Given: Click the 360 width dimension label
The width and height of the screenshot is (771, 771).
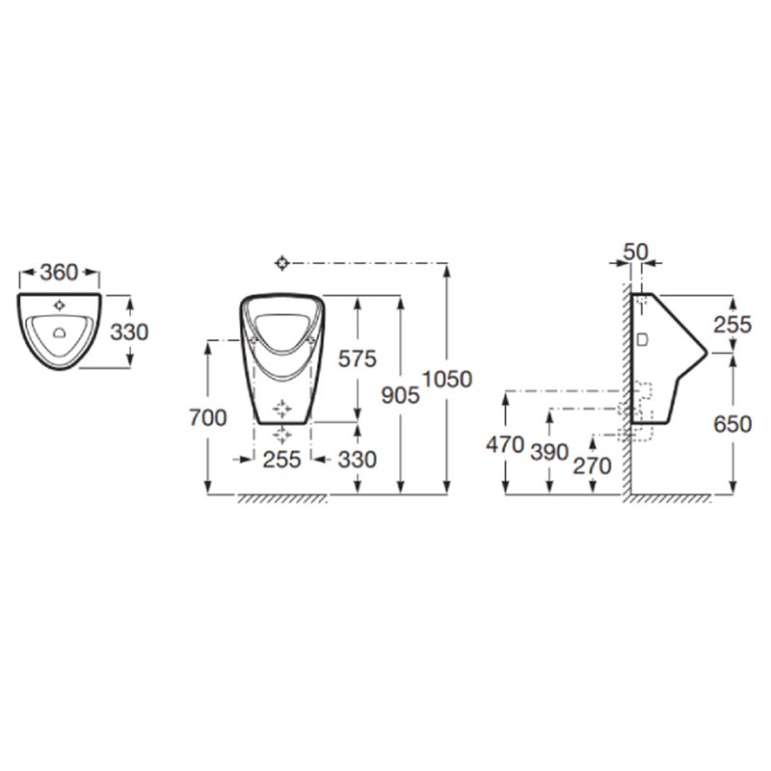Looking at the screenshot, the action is (x=59, y=273).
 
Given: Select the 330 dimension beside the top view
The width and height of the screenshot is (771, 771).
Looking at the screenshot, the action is (x=129, y=332).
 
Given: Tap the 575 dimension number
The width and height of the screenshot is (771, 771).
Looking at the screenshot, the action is (x=358, y=359).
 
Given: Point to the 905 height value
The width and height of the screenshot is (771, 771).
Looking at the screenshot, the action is (x=401, y=395).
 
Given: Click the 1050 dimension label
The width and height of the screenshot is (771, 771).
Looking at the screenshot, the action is (x=447, y=379).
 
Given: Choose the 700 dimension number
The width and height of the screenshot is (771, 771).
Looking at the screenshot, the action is (x=208, y=418).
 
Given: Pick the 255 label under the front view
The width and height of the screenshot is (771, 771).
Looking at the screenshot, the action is (x=281, y=460).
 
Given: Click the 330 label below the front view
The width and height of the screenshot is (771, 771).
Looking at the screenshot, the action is (x=358, y=460).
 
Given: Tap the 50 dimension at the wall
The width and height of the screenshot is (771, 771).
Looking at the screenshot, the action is (x=636, y=253).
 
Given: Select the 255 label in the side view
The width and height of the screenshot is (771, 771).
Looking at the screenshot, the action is (x=732, y=325).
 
